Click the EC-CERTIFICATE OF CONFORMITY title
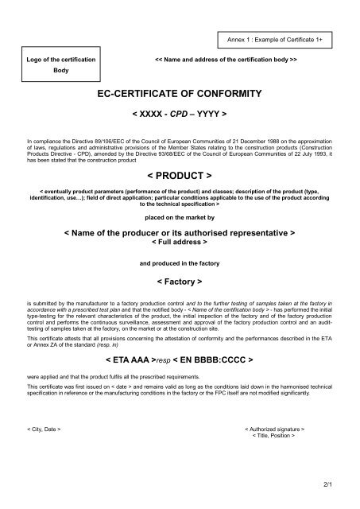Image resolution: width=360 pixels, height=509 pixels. click(179, 95)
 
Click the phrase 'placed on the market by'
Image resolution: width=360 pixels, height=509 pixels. click(179, 216)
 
